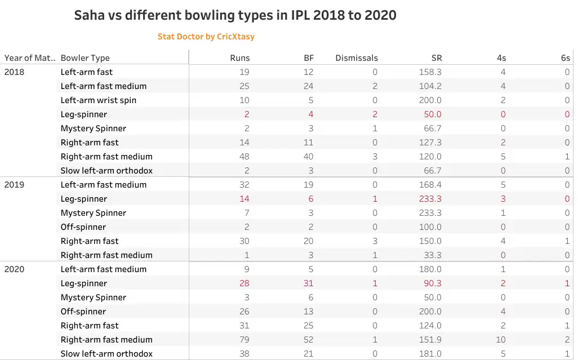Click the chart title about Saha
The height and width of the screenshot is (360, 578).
[x=235, y=15]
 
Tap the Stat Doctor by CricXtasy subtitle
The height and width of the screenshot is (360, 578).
[x=206, y=37]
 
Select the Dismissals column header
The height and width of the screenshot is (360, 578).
[x=356, y=57]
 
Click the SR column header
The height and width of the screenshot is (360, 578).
[x=436, y=57]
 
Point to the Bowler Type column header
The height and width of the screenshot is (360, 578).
[x=85, y=57]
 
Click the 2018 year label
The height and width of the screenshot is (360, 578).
[x=14, y=72]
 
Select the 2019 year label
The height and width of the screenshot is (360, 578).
[x=14, y=185]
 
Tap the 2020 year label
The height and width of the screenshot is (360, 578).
[x=14, y=269]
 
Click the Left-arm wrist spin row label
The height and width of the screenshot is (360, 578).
[x=99, y=100]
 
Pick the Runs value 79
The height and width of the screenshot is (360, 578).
[x=244, y=340]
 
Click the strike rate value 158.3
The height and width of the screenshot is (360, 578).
[x=430, y=72]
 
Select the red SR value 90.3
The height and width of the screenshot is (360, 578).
[x=433, y=283]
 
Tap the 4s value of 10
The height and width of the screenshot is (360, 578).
[x=501, y=340]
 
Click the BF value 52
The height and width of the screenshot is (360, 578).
[x=309, y=340]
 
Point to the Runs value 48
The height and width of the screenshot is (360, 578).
[x=244, y=157]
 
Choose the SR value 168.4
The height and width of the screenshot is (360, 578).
[x=430, y=185]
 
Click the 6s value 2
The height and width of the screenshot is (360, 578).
[x=567, y=340]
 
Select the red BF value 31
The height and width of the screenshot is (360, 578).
[x=309, y=283]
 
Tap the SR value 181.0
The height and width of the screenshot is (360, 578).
[x=430, y=354]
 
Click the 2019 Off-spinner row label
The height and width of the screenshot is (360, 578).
[x=83, y=227]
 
